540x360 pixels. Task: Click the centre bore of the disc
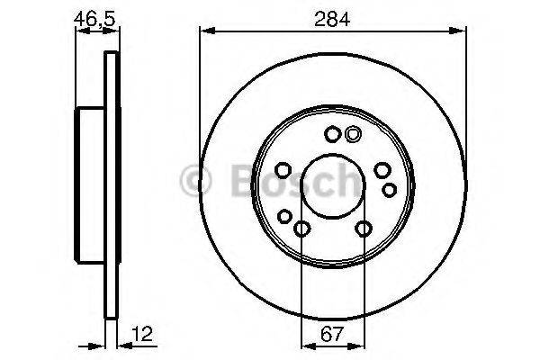tap(332, 188)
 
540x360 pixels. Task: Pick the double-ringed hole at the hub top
tap(353, 135)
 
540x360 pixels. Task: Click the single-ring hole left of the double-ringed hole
tap(332, 135)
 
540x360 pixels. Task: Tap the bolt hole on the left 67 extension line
tap(301, 229)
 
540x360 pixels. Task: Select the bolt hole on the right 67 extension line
tap(363, 229)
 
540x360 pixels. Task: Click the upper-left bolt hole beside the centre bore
tap(281, 171)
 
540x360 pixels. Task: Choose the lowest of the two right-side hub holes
tap(389, 189)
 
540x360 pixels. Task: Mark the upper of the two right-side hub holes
tap(382, 172)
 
